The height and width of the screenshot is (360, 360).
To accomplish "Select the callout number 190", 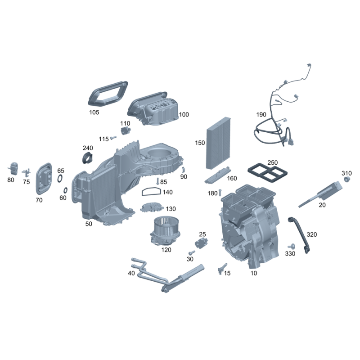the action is [x=261, y=114].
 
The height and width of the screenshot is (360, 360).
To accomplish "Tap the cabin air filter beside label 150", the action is [x=218, y=143].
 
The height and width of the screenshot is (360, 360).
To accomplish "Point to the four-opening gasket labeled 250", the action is [x=268, y=173].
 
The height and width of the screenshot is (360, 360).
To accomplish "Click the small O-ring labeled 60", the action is [x=65, y=190].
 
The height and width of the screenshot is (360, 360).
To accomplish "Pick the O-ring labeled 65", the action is [x=60, y=178].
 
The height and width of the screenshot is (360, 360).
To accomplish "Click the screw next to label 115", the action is [x=113, y=138].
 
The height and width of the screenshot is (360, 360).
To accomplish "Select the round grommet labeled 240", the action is [x=88, y=158].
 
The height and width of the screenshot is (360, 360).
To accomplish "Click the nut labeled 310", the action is [x=347, y=179].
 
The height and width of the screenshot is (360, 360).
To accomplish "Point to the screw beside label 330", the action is [x=292, y=247].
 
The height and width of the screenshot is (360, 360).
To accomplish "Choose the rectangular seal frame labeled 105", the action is [x=108, y=94].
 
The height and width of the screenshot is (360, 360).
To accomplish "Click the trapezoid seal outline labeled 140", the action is [x=151, y=192].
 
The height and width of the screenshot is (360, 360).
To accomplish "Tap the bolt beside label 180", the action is [x=220, y=193].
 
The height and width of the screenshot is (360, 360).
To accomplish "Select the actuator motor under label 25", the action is [x=201, y=243].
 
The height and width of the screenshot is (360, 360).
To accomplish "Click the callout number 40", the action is [x=131, y=273].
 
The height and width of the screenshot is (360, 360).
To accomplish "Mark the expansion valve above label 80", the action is [x=13, y=168].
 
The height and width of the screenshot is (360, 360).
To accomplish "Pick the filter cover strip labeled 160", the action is [x=217, y=175].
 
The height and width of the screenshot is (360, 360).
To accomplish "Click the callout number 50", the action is [x=89, y=224].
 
